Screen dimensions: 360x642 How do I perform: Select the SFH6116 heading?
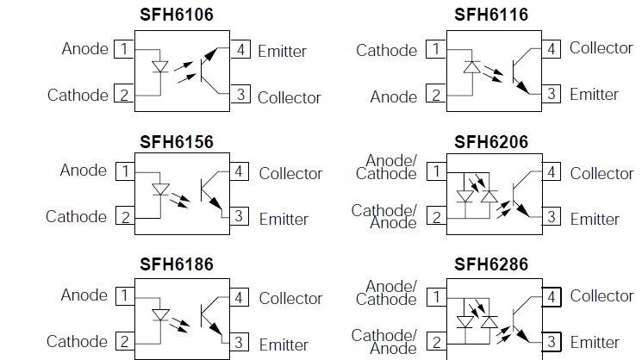pos(491,15)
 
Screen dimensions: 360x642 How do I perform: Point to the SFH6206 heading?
pos(491,141)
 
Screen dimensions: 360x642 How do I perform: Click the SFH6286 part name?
pos(491,264)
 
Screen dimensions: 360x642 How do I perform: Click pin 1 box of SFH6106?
pos(124,48)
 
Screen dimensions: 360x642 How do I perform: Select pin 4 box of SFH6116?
pos(552,48)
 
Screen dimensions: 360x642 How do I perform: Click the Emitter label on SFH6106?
pos(282,51)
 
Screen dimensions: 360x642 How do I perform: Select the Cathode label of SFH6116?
pos(387,50)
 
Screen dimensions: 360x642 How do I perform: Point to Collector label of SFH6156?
pos(290,173)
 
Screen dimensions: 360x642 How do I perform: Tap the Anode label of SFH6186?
pos(84,295)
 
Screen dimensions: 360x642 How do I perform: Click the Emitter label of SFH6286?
pos(595,343)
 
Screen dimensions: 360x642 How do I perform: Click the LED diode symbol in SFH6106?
pos(159,66)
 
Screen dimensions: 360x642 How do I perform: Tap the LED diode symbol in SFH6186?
pos(159,315)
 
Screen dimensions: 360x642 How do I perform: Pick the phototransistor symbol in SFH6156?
pos(212,193)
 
